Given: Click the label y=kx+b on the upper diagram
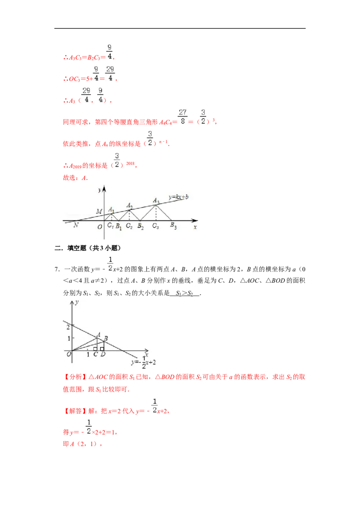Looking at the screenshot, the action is (179, 196).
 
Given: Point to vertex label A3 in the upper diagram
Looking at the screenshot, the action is (156, 201).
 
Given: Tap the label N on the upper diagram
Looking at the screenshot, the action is (76, 225).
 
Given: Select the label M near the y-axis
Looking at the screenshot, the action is (99, 211).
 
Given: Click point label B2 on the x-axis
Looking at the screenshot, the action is (140, 226).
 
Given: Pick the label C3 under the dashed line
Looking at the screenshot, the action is (156, 226).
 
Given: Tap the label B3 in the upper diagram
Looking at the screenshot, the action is (174, 225).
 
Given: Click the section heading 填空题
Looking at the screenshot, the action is (77, 248).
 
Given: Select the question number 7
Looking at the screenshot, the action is (57, 269).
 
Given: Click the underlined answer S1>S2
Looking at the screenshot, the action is (184, 293).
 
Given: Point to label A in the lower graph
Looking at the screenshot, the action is (99, 335).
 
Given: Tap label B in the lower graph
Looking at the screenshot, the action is (106, 338).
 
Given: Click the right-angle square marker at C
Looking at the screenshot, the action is (95, 349).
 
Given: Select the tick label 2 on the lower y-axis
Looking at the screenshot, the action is (68, 327).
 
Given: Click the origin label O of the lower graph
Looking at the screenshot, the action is (68, 354).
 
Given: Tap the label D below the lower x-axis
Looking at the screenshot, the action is (103, 354).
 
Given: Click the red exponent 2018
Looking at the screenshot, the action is (130, 163).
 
